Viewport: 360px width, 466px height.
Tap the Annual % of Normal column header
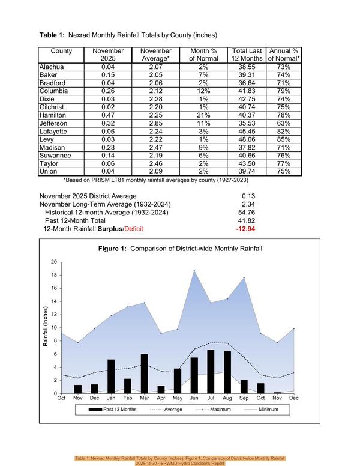click(284, 55)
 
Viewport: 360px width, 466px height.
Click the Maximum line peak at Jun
click(194, 271)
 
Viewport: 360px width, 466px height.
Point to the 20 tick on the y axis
click(54, 262)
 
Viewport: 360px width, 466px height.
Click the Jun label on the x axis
click(194, 398)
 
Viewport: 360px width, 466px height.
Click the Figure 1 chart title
click(180, 249)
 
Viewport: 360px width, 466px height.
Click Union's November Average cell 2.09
click(156, 172)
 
